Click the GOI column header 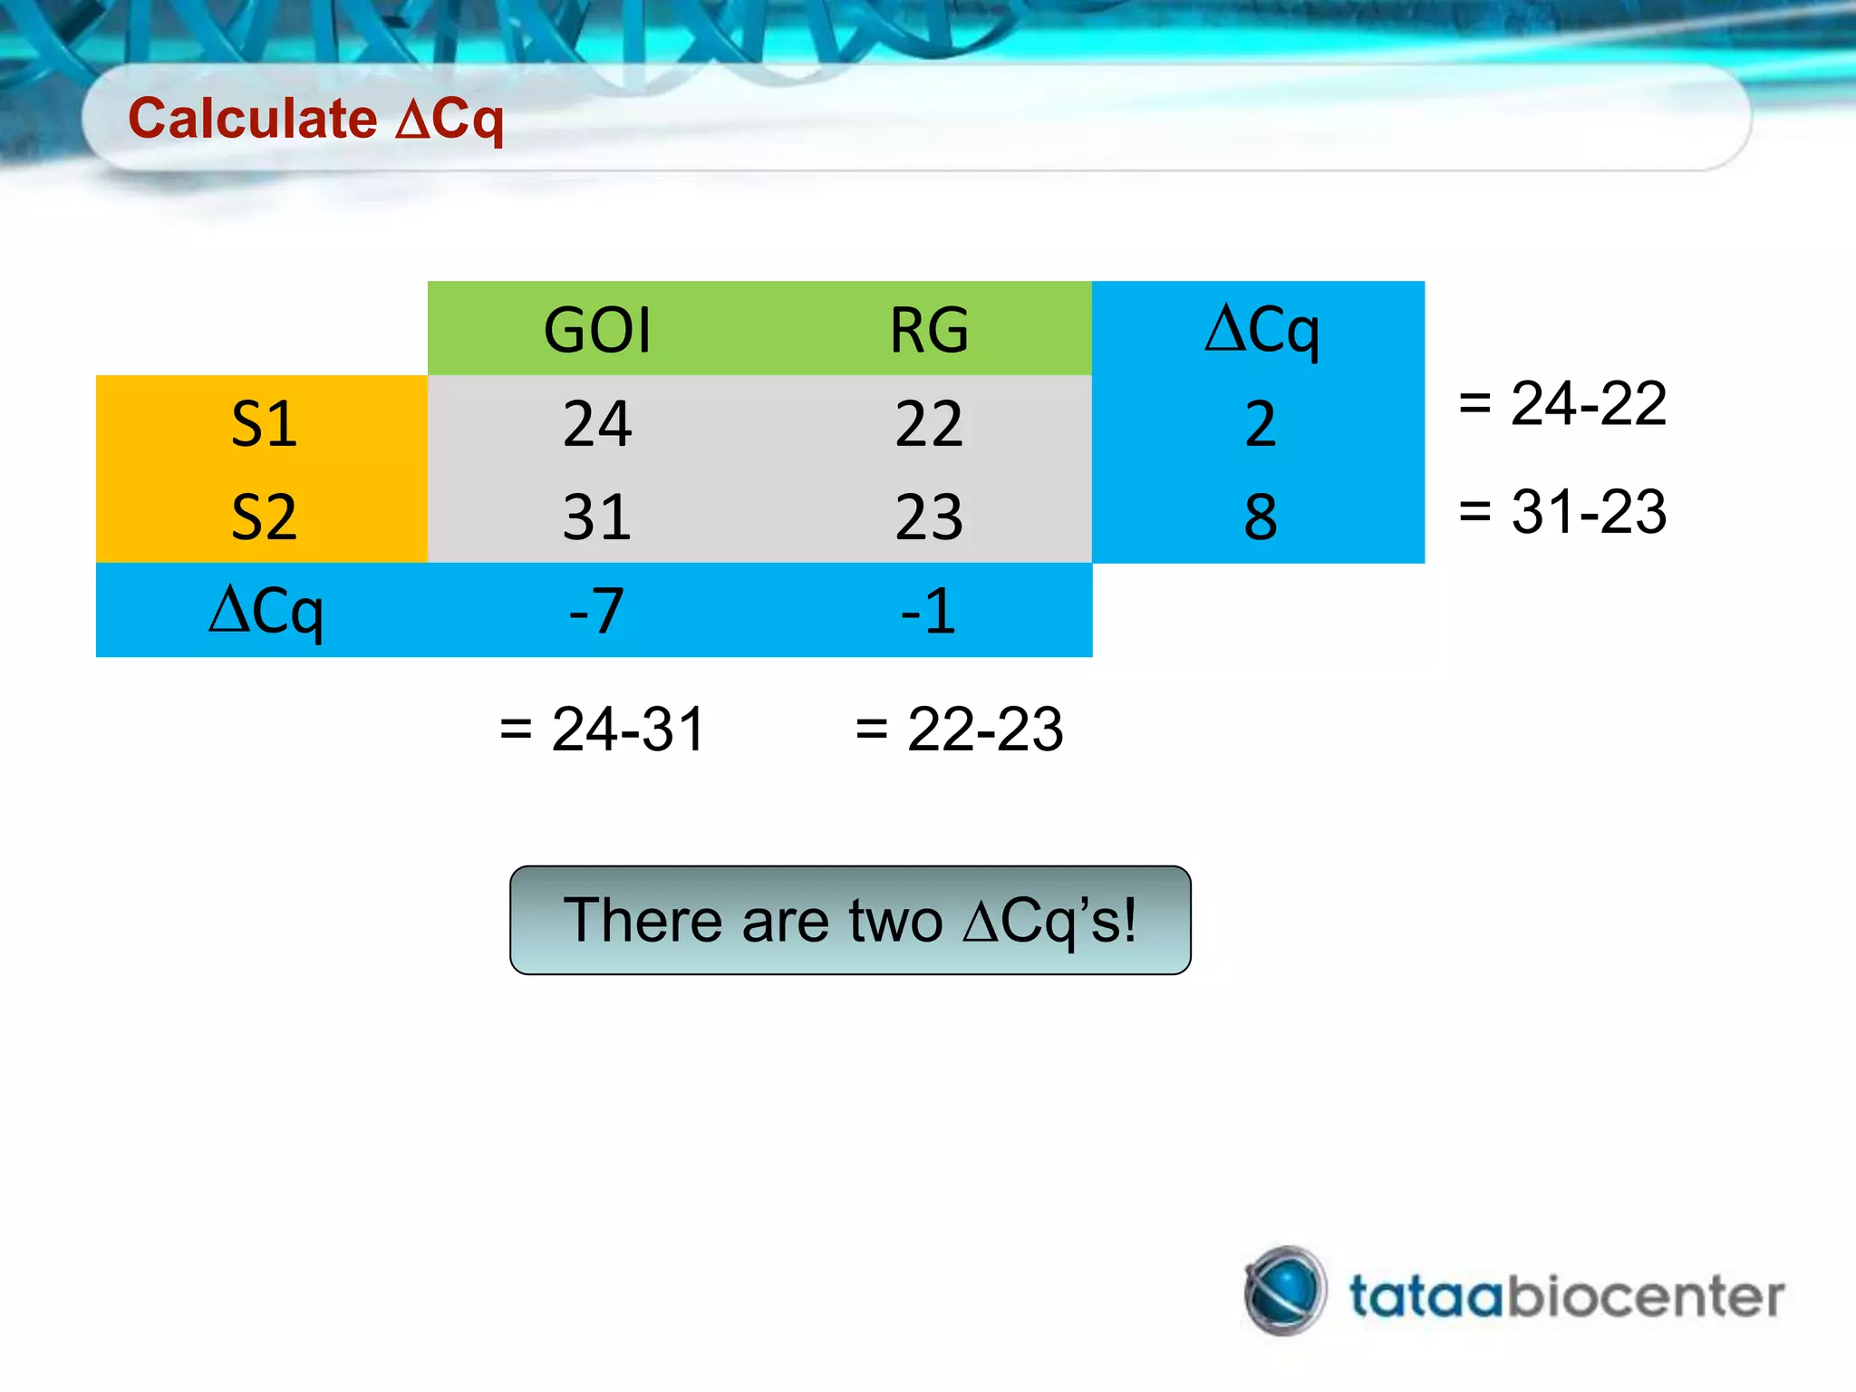[596, 329]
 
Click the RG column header [929, 329]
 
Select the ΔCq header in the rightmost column [1261, 329]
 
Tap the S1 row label [263, 423]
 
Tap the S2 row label [263, 517]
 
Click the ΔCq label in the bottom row [265, 610]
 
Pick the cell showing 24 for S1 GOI [596, 423]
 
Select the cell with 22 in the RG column [929, 423]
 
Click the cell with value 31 [596, 517]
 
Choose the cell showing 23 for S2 [929, 517]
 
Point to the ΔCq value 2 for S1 [1261, 423]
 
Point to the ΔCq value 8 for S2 [1261, 517]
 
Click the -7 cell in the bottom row [596, 610]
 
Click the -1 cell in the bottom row [929, 610]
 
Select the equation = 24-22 [1562, 402]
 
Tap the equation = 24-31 [602, 728]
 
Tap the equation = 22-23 [959, 728]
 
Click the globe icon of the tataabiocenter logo [1285, 1290]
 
